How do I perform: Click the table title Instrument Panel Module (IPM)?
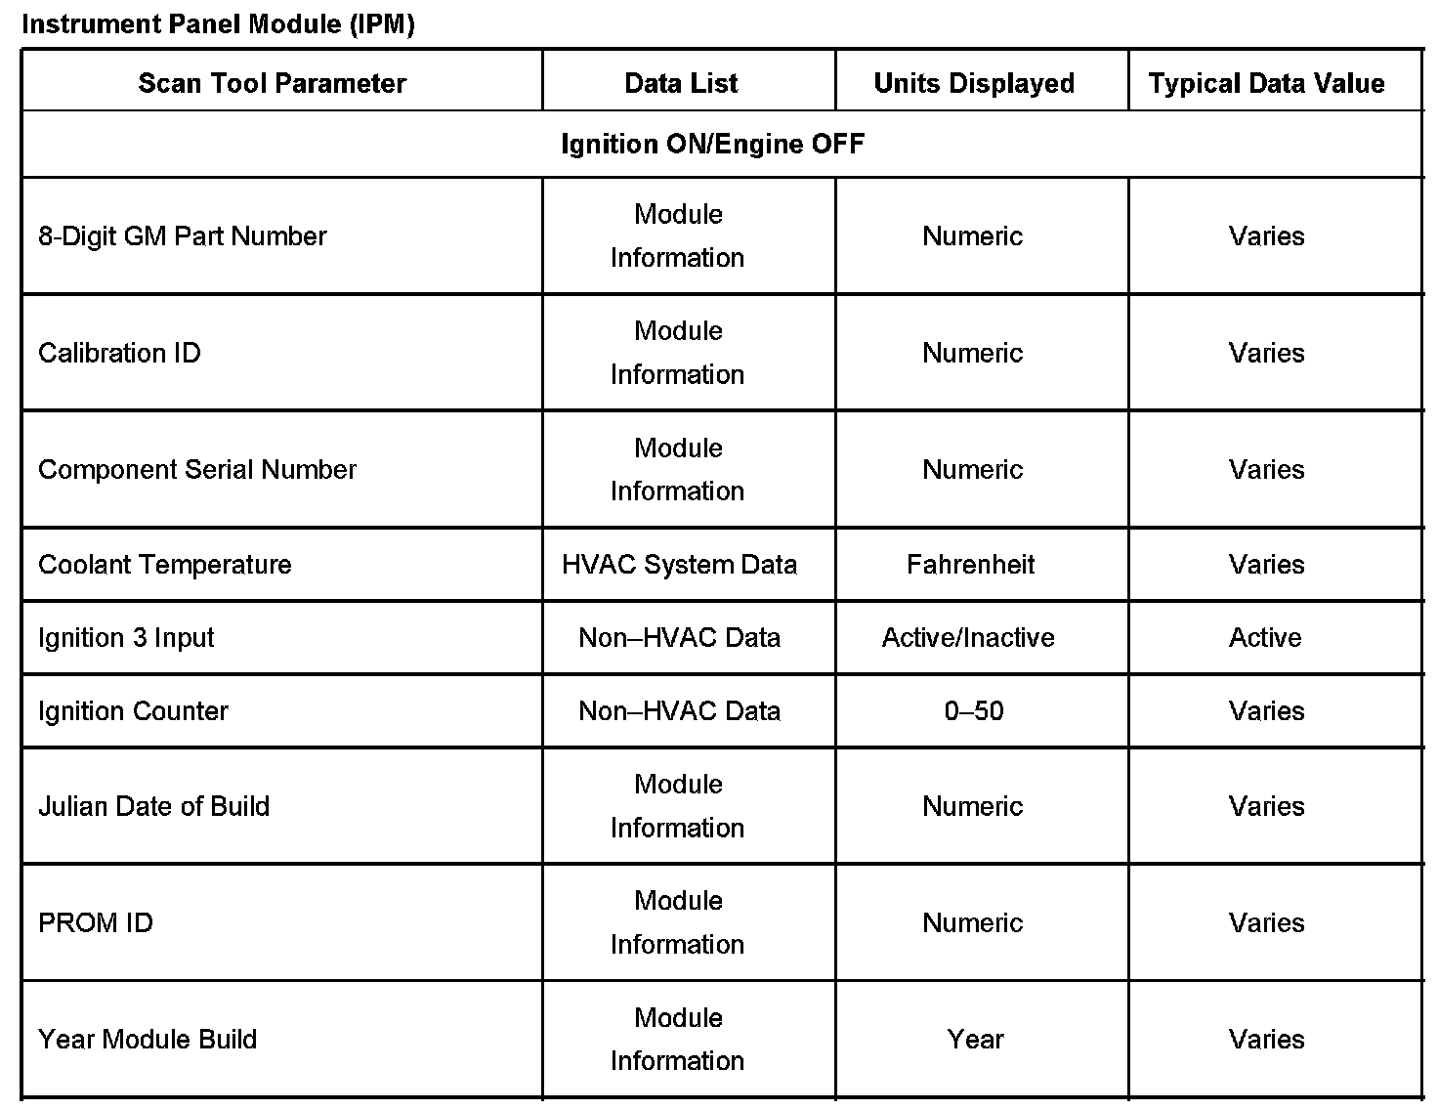click(x=218, y=24)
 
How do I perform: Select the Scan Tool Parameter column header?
click(x=272, y=83)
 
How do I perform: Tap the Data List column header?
click(x=681, y=83)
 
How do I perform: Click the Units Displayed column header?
click(x=974, y=83)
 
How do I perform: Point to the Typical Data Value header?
click(x=1266, y=83)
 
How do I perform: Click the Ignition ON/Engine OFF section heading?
click(x=712, y=145)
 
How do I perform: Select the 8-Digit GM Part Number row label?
click(x=182, y=236)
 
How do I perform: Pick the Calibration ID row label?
click(x=119, y=353)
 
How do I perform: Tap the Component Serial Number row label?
click(x=197, y=470)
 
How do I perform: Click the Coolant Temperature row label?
click(x=164, y=565)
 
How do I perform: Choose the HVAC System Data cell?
click(x=679, y=565)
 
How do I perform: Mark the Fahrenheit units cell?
click(x=970, y=565)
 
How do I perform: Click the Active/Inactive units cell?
click(x=968, y=638)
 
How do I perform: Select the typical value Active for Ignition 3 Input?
click(x=1265, y=638)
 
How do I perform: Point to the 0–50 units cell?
click(x=974, y=711)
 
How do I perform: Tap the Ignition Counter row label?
click(x=133, y=711)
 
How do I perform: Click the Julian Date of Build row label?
click(x=153, y=806)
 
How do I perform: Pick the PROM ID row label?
click(x=96, y=923)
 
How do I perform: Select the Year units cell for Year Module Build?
click(x=975, y=1040)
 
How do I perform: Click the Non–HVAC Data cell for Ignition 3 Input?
click(x=679, y=638)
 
